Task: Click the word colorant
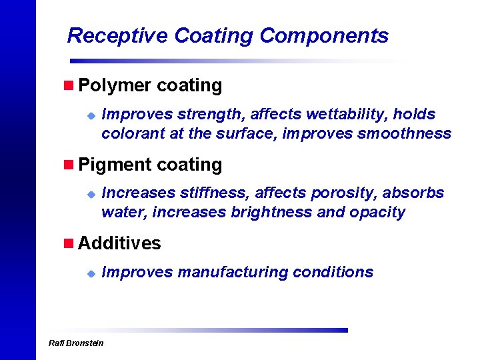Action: click(133, 133)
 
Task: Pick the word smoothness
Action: click(405, 133)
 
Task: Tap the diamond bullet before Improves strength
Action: click(92, 115)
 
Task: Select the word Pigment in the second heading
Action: click(115, 165)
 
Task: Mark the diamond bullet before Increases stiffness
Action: click(92, 194)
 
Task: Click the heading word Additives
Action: click(119, 243)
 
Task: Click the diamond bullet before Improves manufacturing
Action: click(92, 273)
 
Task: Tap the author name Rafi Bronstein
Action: click(76, 343)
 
